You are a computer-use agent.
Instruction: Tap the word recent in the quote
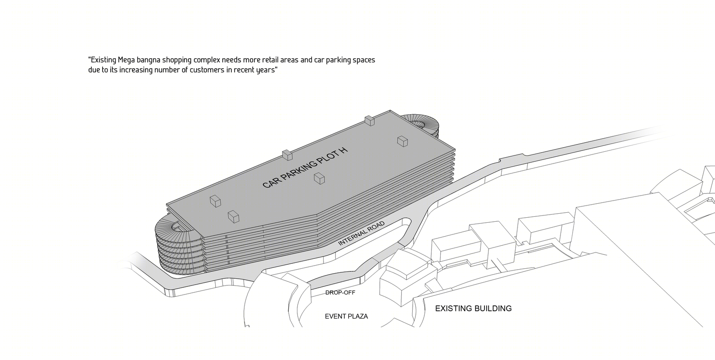244,70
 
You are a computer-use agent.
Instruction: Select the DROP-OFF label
340,293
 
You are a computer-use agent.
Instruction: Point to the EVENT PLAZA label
346,316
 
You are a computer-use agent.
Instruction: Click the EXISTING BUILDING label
473,309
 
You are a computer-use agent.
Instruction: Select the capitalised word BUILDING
493,309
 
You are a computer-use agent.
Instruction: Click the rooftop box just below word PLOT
319,178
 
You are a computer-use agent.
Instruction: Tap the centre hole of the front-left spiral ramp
179,226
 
